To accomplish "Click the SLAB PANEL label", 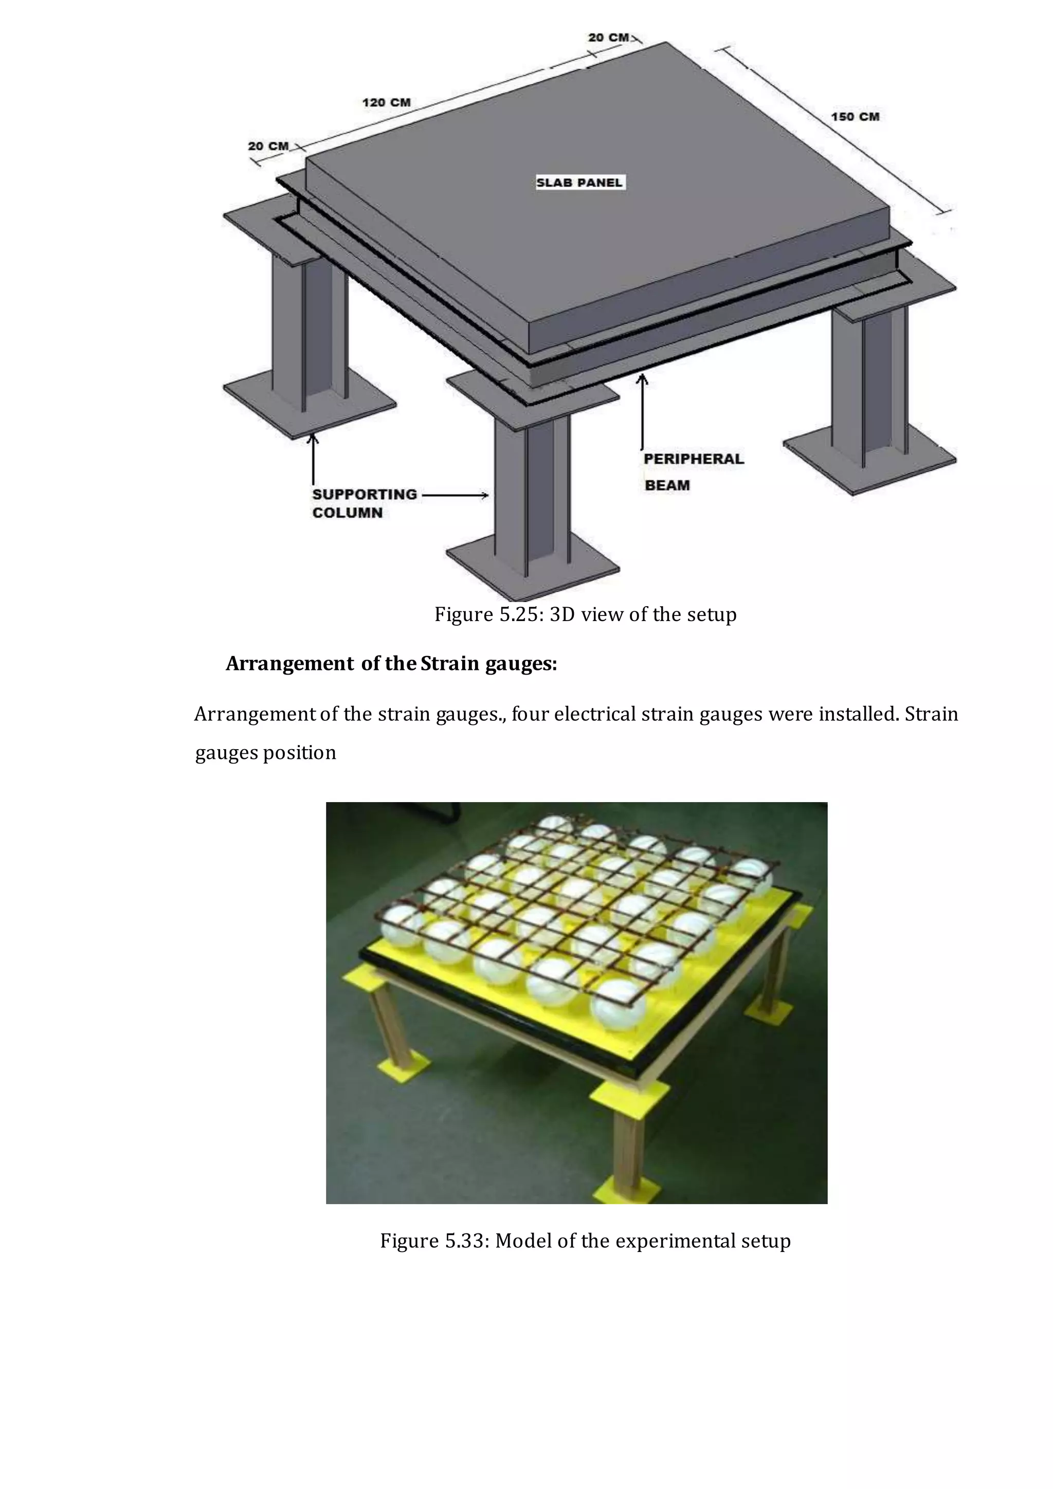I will click(x=579, y=183).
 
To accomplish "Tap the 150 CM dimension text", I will click(x=855, y=117).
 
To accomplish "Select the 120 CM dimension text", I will click(x=387, y=102).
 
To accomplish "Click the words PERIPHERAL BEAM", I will click(x=693, y=471).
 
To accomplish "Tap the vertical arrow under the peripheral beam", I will click(x=642, y=412).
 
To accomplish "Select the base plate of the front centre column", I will click(x=532, y=571).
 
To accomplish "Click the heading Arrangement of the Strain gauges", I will click(x=391, y=664).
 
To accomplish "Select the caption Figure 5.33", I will click(x=585, y=1241).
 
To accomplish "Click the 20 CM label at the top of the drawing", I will click(x=608, y=38).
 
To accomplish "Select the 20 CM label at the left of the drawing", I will click(x=268, y=147).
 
